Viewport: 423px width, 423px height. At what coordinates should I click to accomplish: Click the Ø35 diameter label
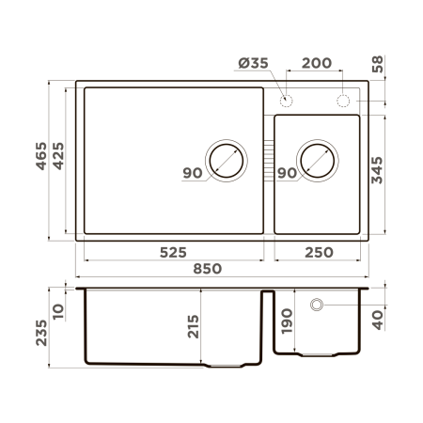254,64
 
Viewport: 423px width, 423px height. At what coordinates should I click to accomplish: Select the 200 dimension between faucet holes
318,64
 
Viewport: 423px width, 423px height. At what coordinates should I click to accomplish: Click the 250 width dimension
317,252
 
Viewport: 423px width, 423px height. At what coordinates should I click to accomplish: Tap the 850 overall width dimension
208,269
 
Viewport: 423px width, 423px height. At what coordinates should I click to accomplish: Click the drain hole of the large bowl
226,160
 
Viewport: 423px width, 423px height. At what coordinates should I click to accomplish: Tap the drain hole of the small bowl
315,161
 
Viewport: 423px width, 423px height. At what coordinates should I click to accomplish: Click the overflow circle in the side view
317,304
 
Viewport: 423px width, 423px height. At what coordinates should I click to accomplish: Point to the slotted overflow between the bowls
269,160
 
